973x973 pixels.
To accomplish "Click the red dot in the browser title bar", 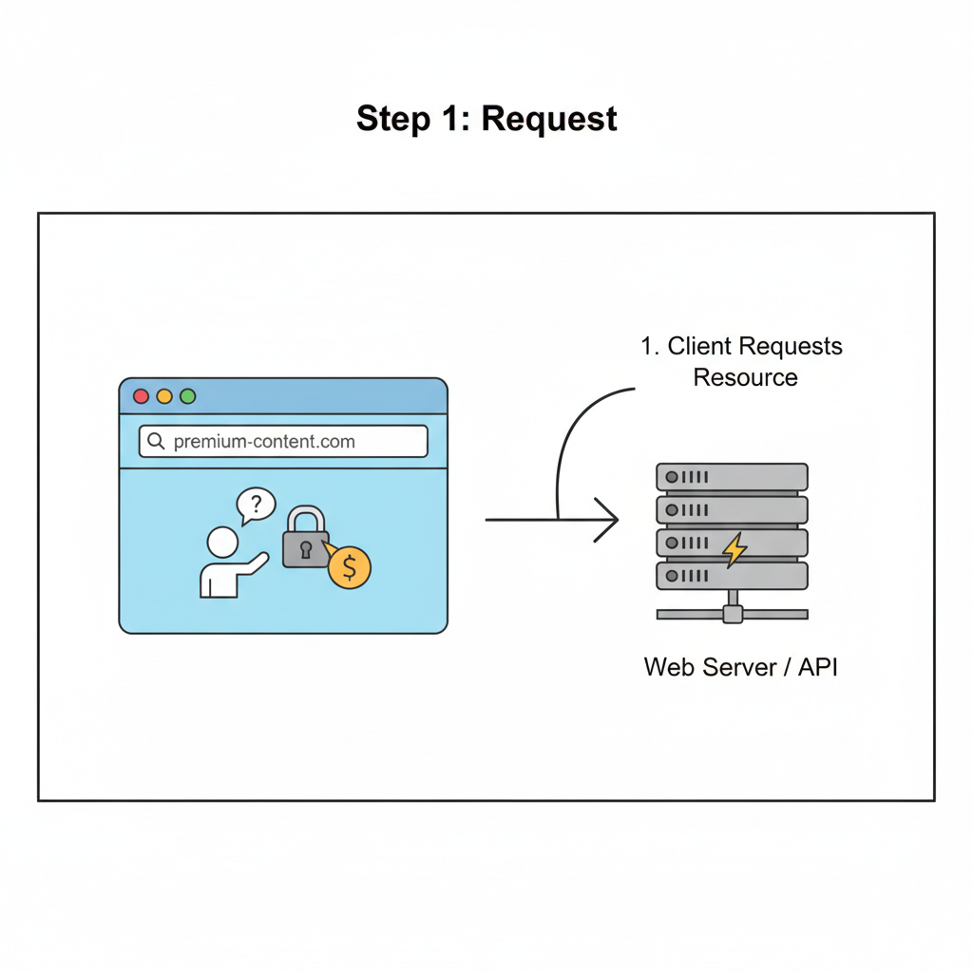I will coord(142,396).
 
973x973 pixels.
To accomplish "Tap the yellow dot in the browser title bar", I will coord(164,396).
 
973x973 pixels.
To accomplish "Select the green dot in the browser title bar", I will coord(187,396).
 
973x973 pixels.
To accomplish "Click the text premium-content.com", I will coord(264,442).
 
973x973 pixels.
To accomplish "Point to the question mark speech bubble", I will coord(256,505).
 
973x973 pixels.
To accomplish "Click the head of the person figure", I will coord(222,543).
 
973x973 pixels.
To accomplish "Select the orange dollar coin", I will coord(350,567).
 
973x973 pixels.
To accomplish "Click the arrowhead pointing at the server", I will coord(609,520).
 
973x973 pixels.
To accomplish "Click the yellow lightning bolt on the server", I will coord(734,549).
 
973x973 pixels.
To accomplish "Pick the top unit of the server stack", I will coord(732,476).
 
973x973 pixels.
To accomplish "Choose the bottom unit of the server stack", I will coord(732,576).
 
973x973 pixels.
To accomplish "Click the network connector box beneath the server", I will coord(732,614).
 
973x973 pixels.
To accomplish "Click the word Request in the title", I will coord(549,119).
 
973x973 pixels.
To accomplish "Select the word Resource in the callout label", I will coord(745,377).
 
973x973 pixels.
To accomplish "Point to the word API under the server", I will coord(818,667).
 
